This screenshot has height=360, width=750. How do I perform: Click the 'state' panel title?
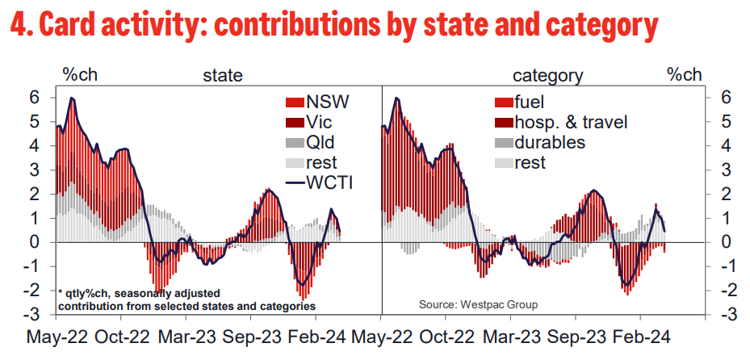(222, 76)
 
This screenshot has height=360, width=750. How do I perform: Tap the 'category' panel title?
(548, 76)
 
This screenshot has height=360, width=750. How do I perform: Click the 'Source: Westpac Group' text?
(477, 304)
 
